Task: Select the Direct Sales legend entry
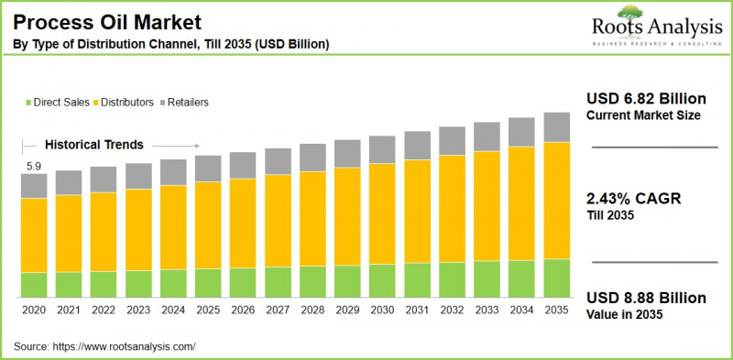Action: point(60,103)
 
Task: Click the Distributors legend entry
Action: point(125,103)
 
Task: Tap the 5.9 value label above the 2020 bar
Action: point(33,166)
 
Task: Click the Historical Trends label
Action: point(94,145)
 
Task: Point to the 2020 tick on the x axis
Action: point(34,311)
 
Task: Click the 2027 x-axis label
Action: point(278,311)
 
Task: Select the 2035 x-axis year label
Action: point(556,311)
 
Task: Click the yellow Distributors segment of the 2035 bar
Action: point(556,200)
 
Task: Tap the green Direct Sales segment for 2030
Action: point(382,280)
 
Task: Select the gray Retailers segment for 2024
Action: point(173,172)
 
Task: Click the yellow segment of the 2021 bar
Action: point(69,233)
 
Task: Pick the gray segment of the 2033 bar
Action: point(487,136)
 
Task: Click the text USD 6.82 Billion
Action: point(646,98)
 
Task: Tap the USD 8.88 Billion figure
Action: point(646,298)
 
